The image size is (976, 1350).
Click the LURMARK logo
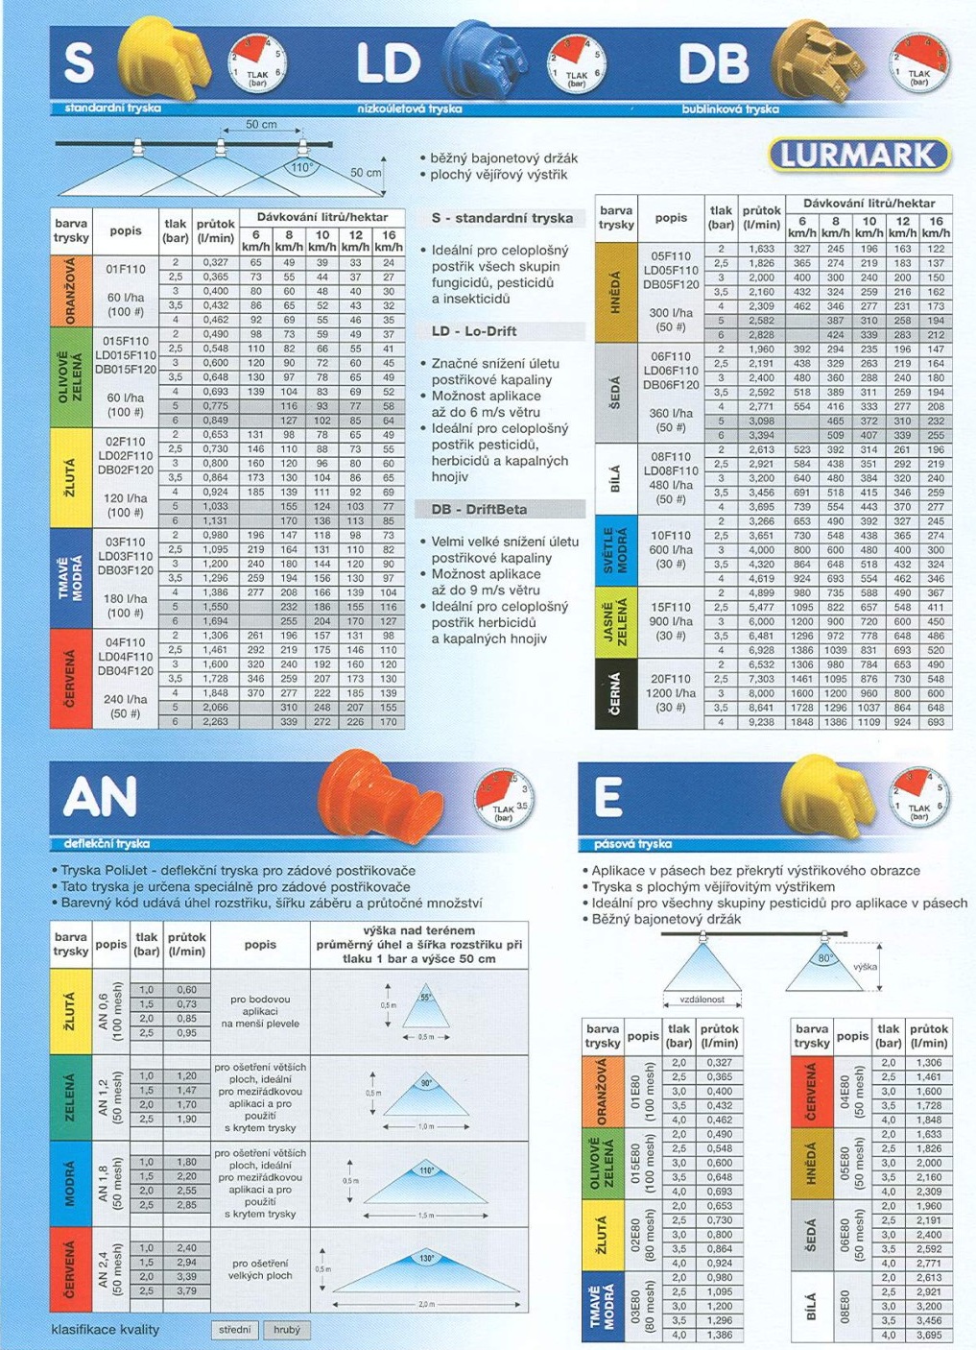(x=859, y=156)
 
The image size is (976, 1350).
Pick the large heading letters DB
(x=713, y=64)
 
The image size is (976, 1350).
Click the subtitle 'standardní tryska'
(x=113, y=108)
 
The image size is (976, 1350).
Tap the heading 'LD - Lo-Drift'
(x=474, y=331)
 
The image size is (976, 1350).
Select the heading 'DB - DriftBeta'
(x=479, y=509)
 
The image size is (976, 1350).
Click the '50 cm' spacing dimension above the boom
(x=261, y=125)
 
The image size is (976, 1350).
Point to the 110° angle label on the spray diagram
(x=301, y=167)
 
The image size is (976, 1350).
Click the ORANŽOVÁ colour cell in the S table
(x=71, y=291)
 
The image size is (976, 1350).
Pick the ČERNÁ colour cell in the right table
(x=615, y=694)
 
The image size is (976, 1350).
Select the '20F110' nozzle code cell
(x=671, y=678)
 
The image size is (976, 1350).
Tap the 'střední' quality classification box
(x=234, y=1330)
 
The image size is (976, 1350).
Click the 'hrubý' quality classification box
(x=287, y=1330)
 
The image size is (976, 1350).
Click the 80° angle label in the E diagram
(x=824, y=958)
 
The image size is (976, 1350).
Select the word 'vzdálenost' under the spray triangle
(x=702, y=1000)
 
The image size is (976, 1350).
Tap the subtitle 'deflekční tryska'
(x=107, y=843)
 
